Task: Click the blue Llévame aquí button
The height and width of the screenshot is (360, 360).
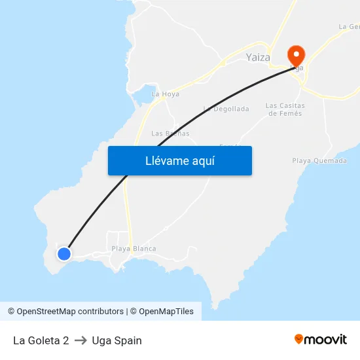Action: [179, 160]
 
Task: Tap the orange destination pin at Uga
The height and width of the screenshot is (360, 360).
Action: [296, 56]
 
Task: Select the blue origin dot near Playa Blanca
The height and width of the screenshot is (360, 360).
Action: [64, 253]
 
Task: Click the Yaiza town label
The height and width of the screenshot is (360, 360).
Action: [258, 58]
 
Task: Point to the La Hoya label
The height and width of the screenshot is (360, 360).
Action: [165, 94]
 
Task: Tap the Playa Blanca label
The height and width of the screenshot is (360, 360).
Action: [134, 249]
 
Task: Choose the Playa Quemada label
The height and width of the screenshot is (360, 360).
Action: [319, 160]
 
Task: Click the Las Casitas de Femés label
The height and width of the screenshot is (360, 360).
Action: [285, 109]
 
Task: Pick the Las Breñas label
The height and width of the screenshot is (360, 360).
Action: [170, 134]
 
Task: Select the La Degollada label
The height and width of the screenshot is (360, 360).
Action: [226, 109]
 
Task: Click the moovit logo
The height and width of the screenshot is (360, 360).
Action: [321, 339]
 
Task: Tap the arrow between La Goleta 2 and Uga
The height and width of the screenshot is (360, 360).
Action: [81, 340]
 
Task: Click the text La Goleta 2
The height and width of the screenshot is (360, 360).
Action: [41, 340]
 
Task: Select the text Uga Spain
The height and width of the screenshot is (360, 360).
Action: [117, 340]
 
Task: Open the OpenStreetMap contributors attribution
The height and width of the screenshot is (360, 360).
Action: [65, 312]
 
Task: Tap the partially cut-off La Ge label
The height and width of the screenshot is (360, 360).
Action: [350, 27]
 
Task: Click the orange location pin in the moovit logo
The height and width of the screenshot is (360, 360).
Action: [299, 339]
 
